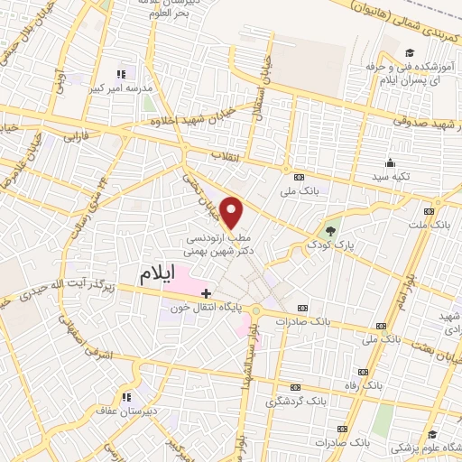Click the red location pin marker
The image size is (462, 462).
pos(233,211)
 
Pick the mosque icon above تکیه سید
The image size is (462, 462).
pos(390,162)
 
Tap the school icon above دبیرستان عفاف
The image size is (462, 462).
pos(126,395)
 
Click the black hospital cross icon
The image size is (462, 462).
pos(207,292)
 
